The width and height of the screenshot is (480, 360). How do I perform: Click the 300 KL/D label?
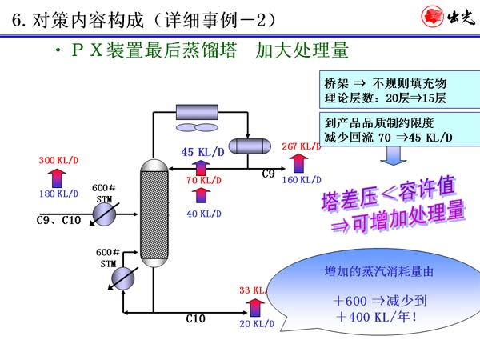[58, 161]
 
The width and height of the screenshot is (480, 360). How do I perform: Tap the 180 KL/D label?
[58, 194]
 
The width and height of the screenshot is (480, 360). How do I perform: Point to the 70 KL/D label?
[203, 181]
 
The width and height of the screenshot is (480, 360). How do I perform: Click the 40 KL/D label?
[203, 213]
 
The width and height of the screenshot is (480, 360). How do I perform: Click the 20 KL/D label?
[257, 323]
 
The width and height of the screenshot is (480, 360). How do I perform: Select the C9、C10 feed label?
[59, 220]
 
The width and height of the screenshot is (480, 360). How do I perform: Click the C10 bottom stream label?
[195, 318]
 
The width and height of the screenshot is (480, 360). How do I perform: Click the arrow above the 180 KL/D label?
[58, 177]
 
